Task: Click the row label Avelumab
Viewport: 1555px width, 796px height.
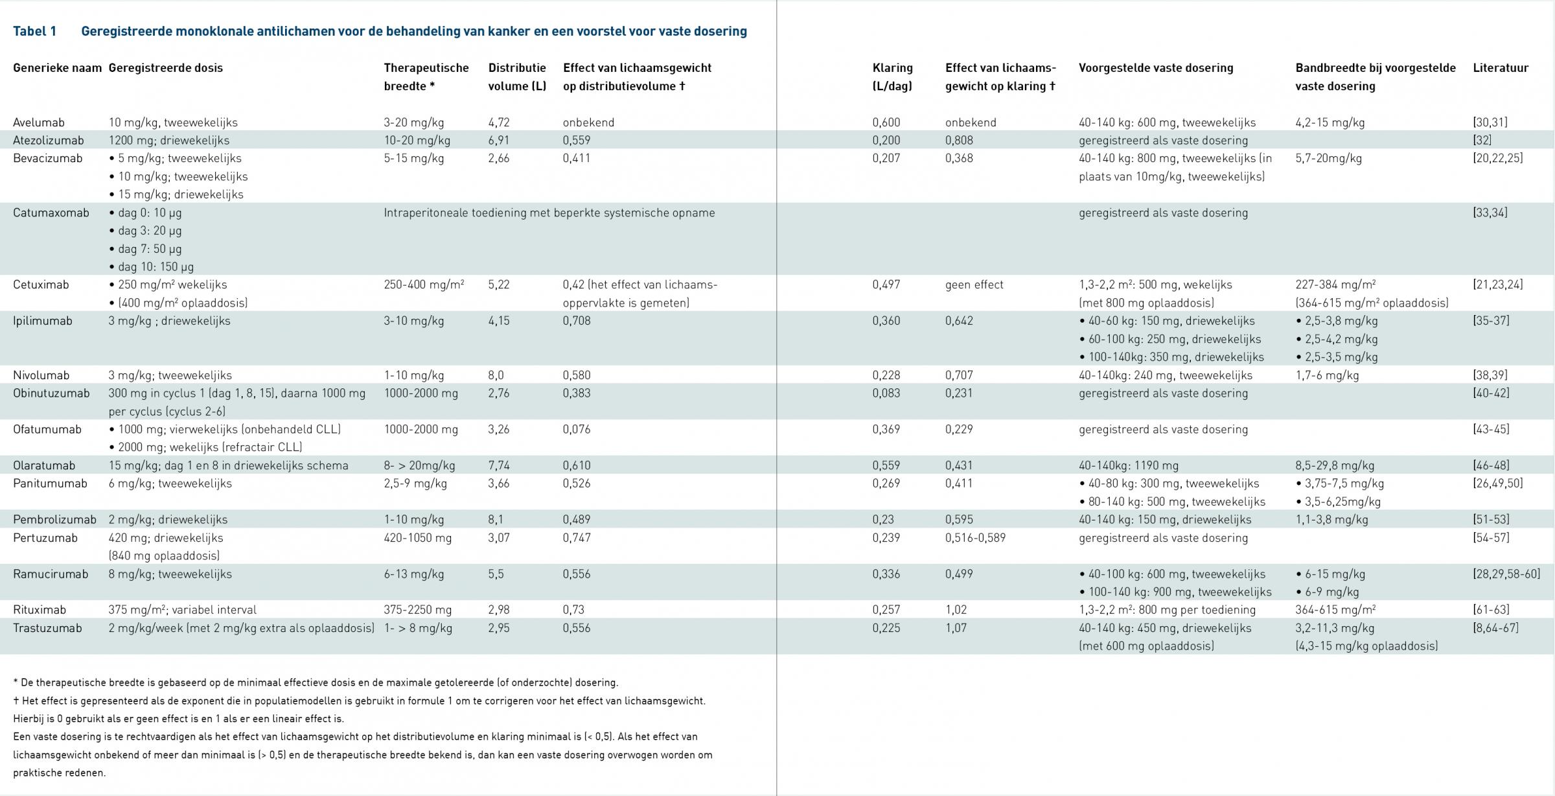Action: [x=39, y=123]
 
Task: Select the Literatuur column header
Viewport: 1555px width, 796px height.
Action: [x=1501, y=68]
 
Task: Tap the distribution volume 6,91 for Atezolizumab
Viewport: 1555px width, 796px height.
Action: [x=499, y=141]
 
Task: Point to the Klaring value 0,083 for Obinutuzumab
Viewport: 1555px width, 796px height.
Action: [x=886, y=393]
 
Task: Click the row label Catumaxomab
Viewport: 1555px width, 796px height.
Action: [x=51, y=213]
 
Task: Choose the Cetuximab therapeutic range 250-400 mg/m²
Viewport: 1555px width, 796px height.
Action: [x=424, y=285]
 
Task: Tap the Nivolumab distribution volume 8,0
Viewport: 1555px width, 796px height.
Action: [x=496, y=375]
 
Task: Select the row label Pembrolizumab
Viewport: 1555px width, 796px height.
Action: [x=54, y=520]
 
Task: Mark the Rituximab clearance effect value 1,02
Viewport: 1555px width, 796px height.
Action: [x=956, y=610]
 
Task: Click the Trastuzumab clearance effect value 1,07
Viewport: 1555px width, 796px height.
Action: [x=956, y=628]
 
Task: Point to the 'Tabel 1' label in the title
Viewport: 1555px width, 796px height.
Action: [x=35, y=31]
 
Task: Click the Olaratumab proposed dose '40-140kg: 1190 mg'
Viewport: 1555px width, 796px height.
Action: [x=1129, y=465]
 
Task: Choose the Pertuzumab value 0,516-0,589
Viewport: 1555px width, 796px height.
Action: [x=976, y=538]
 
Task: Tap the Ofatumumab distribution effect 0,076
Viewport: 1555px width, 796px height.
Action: [x=577, y=430]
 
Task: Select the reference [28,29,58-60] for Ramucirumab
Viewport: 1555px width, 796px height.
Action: [x=1506, y=574]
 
